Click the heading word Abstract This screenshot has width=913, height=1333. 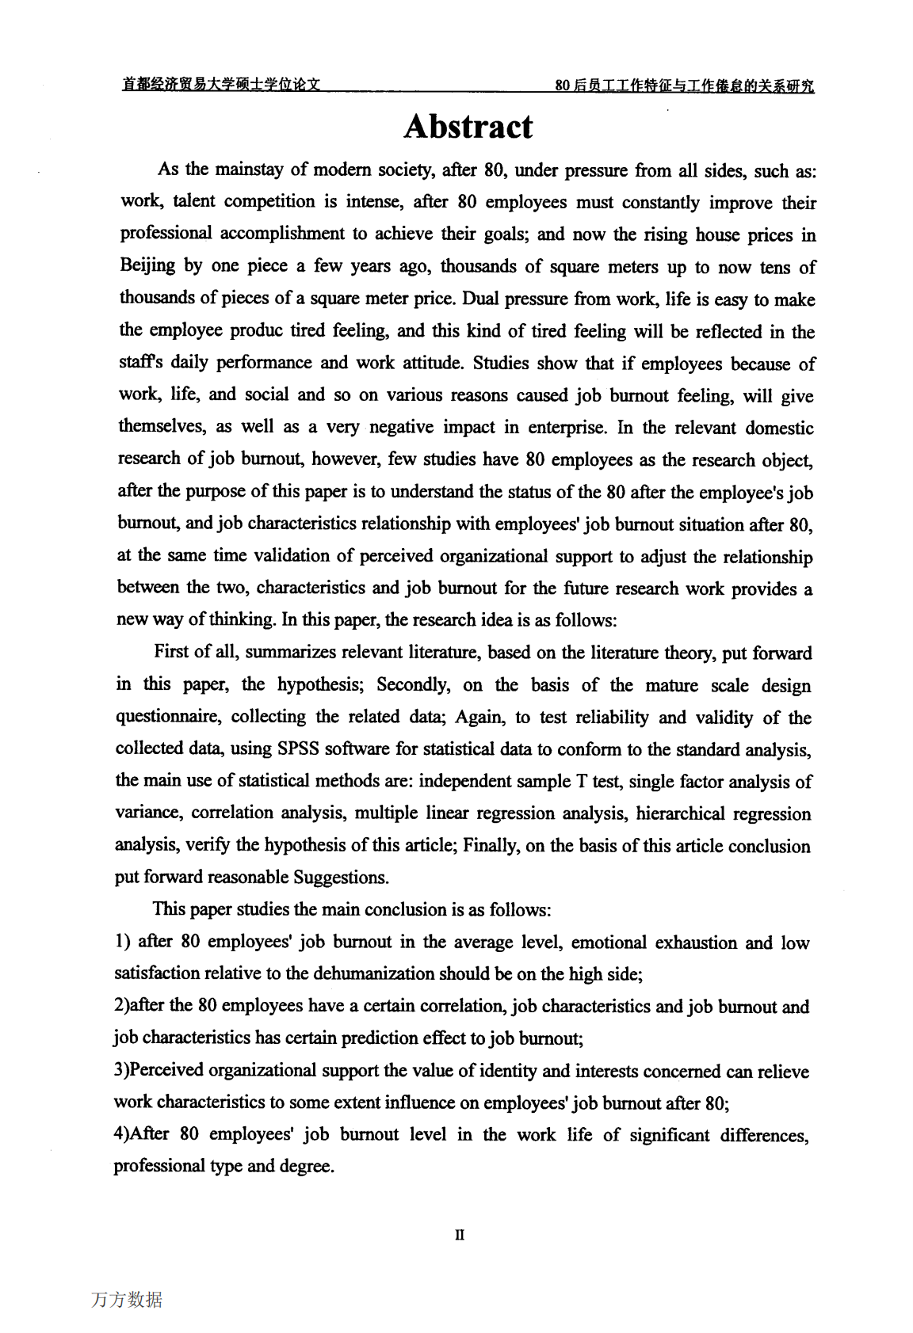tap(468, 127)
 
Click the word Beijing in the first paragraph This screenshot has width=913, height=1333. tap(147, 265)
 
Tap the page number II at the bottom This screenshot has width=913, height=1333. tap(460, 1234)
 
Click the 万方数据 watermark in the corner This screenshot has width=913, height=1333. tap(127, 1300)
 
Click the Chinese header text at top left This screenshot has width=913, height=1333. tap(221, 85)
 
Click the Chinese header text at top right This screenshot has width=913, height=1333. tap(684, 86)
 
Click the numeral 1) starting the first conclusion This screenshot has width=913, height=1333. tap(122, 942)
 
